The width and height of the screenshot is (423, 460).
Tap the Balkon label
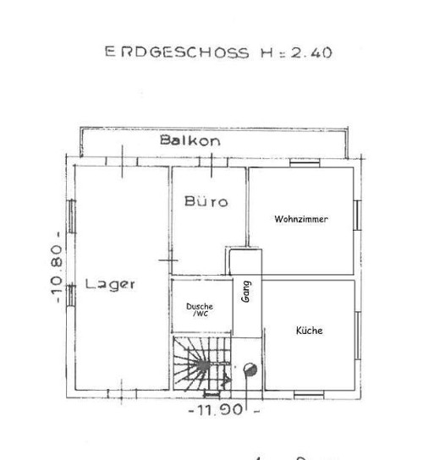(190, 140)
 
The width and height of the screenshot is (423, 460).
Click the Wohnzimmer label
(300, 219)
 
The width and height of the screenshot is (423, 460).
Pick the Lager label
(110, 284)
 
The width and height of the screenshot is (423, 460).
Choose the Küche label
(309, 331)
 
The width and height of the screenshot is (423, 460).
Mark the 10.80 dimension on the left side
(56, 269)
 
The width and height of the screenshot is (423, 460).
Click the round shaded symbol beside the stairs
(250, 368)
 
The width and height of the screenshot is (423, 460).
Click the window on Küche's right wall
(357, 331)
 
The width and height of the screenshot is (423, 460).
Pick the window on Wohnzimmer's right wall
(357, 214)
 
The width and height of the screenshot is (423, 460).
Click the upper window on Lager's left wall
(71, 224)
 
